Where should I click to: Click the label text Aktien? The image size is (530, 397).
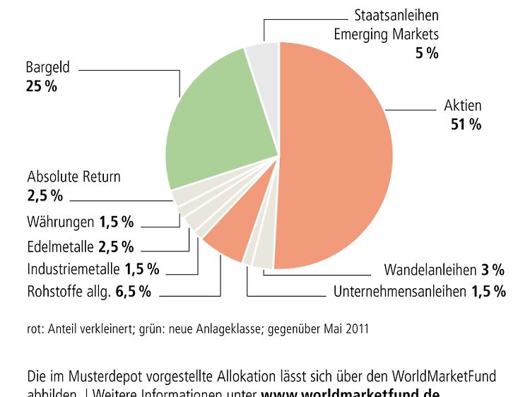pos(462,106)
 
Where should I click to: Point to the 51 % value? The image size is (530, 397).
pos(466,125)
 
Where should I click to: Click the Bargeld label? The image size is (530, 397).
pos(48,69)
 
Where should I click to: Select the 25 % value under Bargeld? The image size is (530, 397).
pos(41,88)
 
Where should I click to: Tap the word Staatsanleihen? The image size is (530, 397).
pos(396,15)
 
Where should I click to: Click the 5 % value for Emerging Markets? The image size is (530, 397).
pos(426,52)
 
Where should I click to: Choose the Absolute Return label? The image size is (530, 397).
pos(73,177)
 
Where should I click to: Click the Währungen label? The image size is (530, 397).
pos(61,223)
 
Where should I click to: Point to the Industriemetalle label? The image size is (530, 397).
pos(73,269)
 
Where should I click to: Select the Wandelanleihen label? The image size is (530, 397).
pos(430,270)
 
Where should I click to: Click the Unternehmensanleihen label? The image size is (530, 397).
pos(399,291)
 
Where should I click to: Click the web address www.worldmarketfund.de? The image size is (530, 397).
pos(351,393)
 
